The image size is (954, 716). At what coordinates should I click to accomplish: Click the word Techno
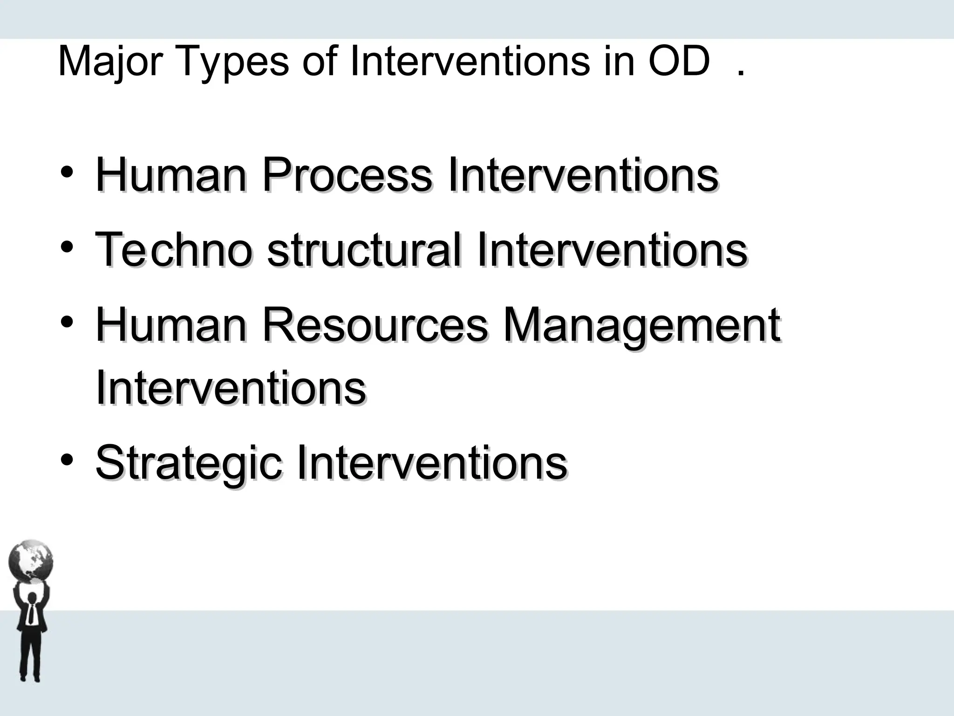174,250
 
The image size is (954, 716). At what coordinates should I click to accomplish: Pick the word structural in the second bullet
365,250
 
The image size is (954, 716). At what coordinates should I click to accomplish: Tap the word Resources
375,325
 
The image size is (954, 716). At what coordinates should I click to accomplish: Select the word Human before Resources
170,325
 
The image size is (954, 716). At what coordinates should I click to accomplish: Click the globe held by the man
31,561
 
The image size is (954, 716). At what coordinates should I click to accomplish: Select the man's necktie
31,613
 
